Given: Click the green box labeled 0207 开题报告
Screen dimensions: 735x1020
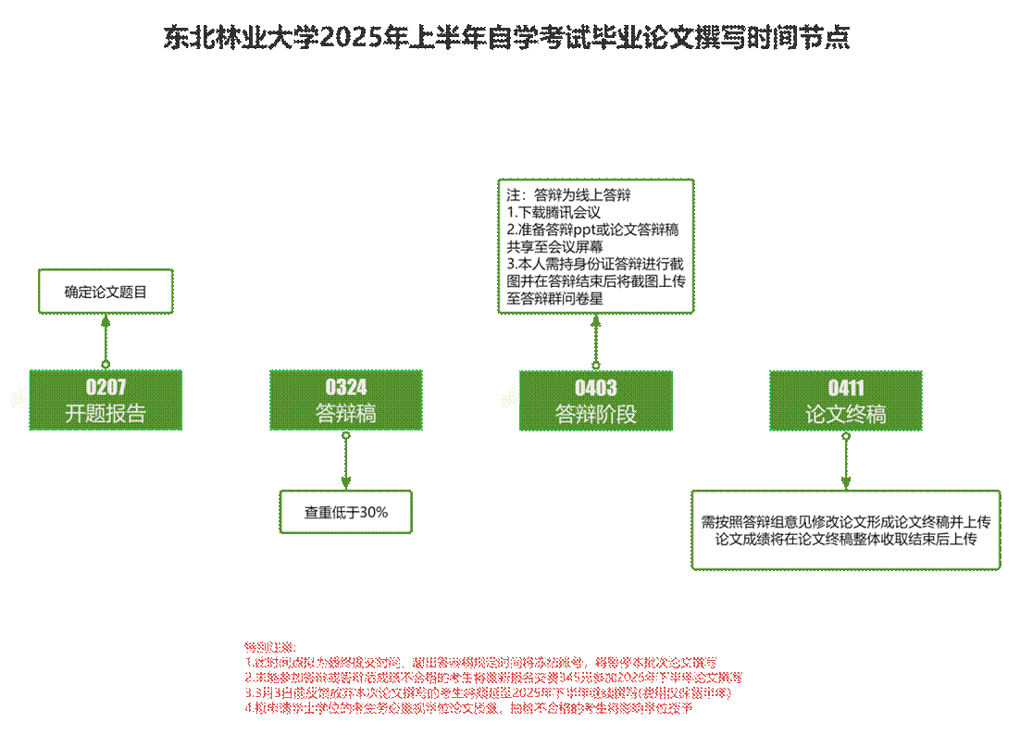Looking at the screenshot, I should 106,400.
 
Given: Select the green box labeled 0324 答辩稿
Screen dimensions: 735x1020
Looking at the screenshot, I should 346,400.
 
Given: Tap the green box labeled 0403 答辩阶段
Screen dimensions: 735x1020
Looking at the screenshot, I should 595,400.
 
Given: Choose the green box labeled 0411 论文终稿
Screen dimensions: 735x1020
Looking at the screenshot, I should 846,400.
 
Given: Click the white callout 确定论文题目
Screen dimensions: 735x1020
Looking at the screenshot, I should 106,292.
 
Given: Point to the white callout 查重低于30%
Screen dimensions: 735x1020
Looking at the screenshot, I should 346,512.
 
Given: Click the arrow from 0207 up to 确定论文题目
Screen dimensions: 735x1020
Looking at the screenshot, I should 106,341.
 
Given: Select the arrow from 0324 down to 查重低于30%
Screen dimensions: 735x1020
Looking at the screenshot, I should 346,461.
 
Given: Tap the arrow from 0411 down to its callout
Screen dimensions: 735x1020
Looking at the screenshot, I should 846,461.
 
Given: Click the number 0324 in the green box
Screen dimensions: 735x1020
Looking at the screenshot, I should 346,388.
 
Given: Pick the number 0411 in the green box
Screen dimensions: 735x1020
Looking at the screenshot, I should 846,388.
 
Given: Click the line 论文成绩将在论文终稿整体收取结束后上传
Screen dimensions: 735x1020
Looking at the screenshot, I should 846,539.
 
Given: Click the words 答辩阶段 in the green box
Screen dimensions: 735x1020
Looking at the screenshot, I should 595,414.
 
